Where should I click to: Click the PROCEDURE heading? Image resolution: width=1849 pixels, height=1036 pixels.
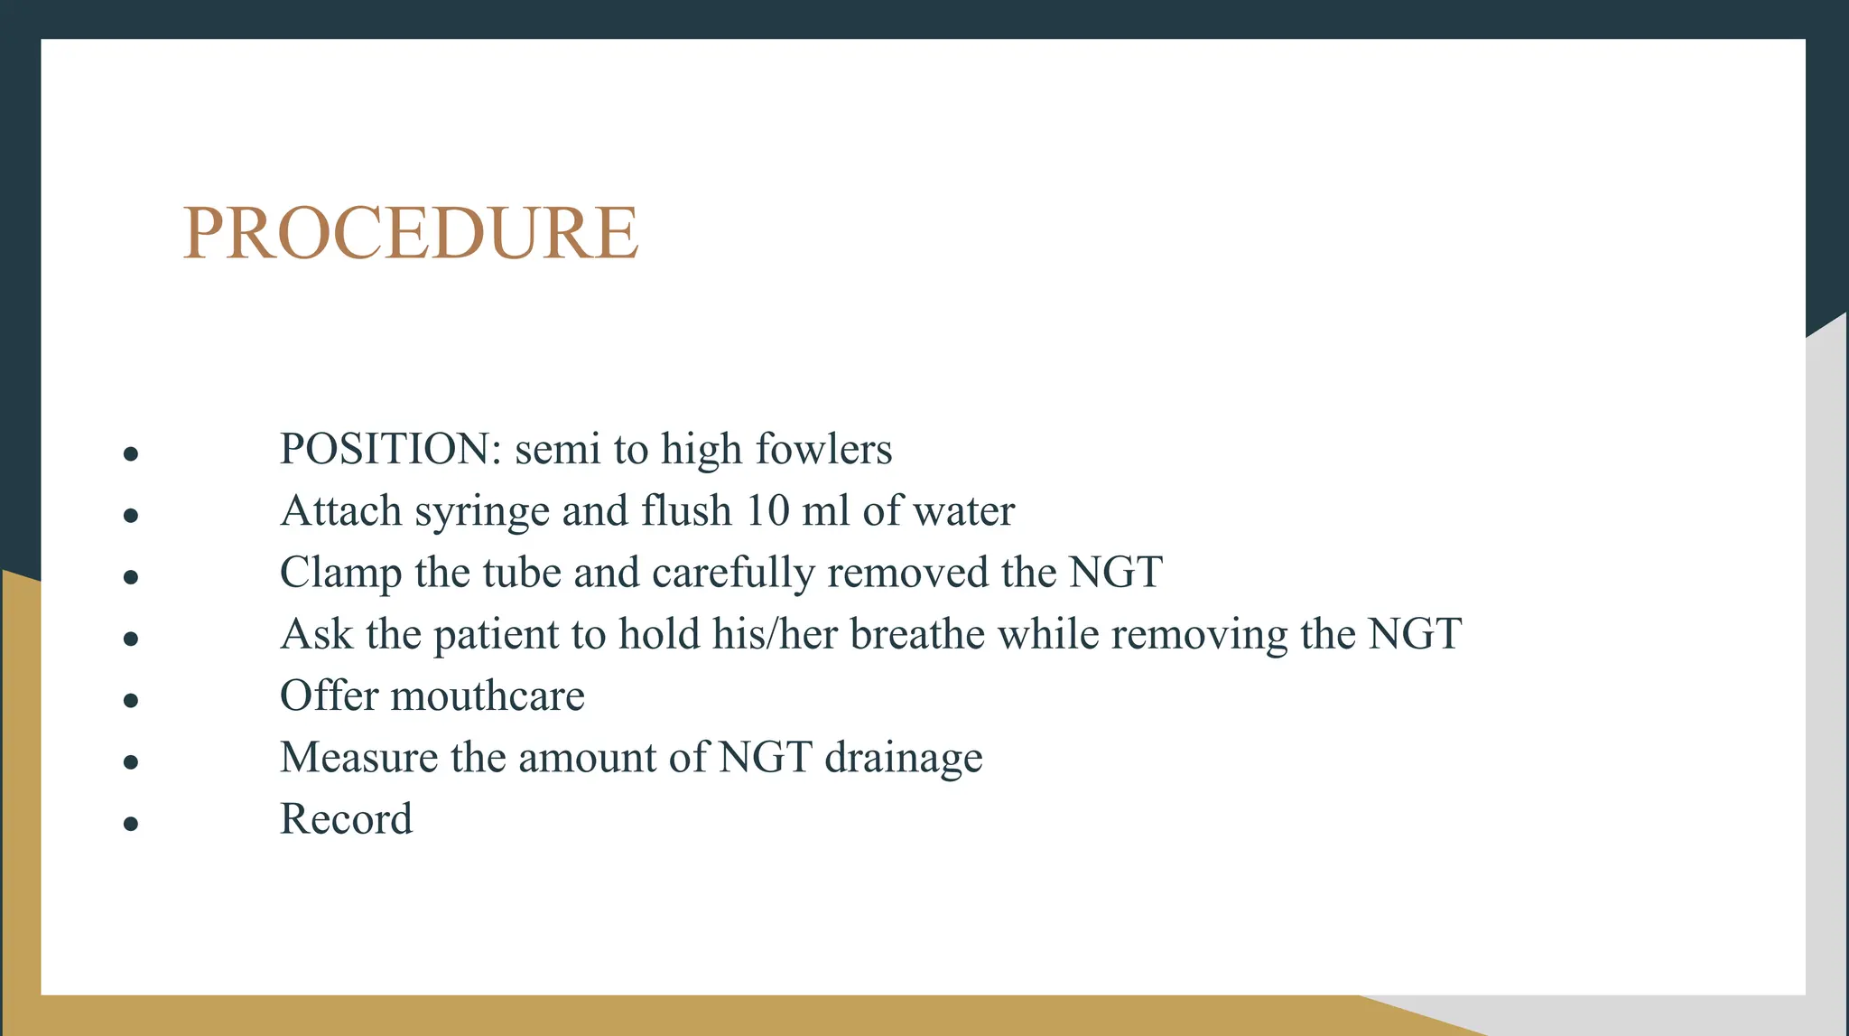click(411, 233)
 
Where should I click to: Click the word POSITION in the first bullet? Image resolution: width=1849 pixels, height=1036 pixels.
click(384, 449)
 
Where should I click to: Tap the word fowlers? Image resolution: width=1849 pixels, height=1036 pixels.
click(823, 449)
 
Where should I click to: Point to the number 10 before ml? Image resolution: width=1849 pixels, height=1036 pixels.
click(767, 511)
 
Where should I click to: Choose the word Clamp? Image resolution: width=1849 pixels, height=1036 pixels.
click(340, 574)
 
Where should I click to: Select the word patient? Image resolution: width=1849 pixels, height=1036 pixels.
click(496, 635)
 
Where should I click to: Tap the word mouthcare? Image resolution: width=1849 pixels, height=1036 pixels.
click(488, 696)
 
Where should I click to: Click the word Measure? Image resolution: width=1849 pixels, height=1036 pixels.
click(358, 758)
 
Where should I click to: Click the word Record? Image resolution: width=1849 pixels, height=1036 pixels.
click(346, 819)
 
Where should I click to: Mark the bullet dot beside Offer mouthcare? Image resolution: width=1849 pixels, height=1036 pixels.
click(131, 700)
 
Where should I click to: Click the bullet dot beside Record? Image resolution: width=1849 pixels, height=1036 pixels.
click(131, 824)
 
